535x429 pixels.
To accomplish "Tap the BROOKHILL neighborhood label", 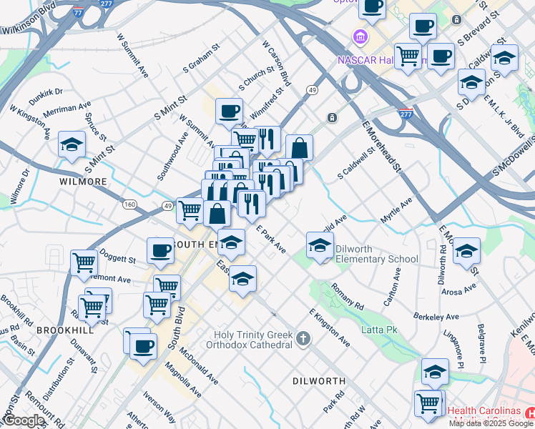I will click(x=65, y=330).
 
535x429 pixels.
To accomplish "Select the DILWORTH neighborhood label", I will click(x=319, y=381).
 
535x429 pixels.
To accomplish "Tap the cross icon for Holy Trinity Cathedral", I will click(x=303, y=338).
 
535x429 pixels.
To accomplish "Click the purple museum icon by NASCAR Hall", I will click(x=359, y=36).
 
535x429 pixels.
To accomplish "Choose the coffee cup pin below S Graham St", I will click(x=229, y=111).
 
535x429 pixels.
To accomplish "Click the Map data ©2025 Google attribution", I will click(x=491, y=423).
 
